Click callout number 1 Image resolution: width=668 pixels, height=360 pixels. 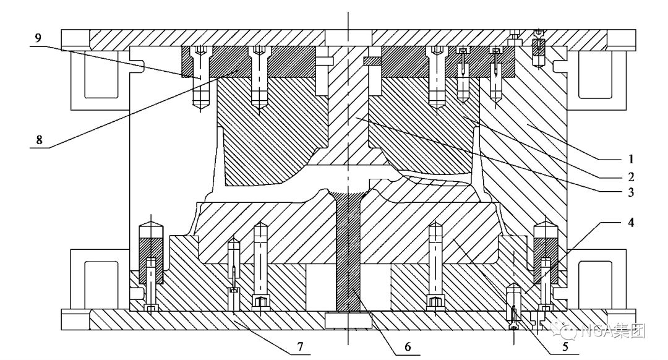[x=631, y=160]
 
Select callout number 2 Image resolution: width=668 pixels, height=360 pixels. [x=631, y=176]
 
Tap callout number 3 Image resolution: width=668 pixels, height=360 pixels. [x=631, y=192]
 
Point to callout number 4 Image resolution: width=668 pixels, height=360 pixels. [x=631, y=222]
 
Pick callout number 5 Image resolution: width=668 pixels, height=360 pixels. [x=565, y=346]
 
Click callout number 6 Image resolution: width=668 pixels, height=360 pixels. [x=408, y=346]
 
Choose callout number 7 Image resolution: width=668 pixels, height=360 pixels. [x=300, y=346]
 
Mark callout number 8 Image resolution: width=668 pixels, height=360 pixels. [x=39, y=139]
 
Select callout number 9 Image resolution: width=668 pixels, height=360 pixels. [x=38, y=38]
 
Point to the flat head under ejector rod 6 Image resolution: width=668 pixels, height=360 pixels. [x=348, y=320]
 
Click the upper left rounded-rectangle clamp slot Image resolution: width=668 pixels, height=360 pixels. [x=101, y=74]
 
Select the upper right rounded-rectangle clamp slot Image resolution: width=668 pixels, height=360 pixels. [x=595, y=74]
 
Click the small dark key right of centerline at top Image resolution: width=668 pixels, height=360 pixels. [x=372, y=61]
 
